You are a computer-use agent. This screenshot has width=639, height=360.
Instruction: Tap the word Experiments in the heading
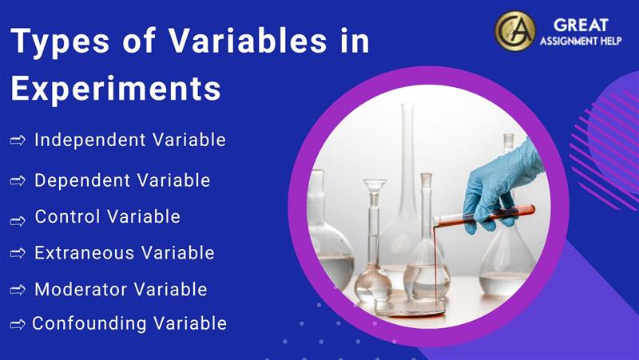click(x=116, y=89)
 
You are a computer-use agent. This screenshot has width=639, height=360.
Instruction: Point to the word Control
click(x=67, y=216)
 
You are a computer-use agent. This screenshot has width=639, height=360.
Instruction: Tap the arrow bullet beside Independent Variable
click(x=18, y=141)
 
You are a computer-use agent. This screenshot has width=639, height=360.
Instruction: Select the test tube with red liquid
click(x=483, y=215)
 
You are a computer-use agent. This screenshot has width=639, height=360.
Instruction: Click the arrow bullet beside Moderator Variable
click(x=18, y=290)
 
